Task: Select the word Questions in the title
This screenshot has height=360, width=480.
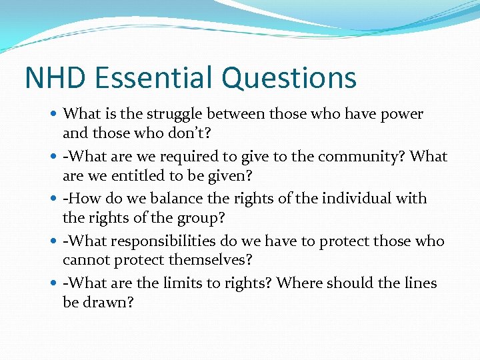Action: click(289, 77)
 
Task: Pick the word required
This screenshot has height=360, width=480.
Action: click(181, 156)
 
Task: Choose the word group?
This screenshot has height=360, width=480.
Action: click(201, 217)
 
